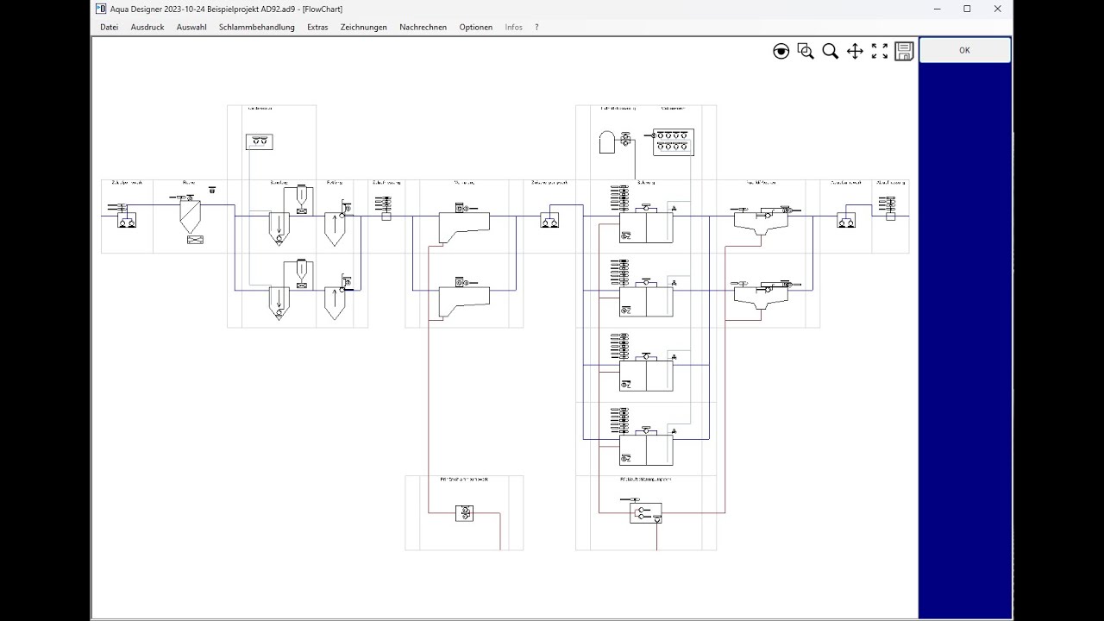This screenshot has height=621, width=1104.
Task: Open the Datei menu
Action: click(x=109, y=27)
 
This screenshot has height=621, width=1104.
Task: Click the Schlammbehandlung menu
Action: click(x=256, y=27)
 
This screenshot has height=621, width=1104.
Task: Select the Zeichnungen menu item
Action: click(x=363, y=27)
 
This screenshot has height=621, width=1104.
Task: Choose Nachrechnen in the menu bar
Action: click(x=423, y=27)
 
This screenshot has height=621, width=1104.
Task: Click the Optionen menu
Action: click(x=475, y=27)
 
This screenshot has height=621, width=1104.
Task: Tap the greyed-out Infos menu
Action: click(x=513, y=27)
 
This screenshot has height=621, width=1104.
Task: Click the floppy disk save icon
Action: click(x=904, y=52)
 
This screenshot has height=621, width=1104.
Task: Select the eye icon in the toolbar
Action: click(x=781, y=52)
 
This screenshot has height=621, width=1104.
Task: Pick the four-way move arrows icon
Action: click(x=855, y=52)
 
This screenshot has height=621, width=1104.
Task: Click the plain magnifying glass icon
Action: click(x=830, y=52)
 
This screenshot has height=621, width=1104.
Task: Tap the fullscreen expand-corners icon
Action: click(x=880, y=52)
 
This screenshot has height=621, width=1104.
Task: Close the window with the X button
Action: click(x=997, y=9)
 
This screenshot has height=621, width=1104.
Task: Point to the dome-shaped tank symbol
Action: click(x=607, y=142)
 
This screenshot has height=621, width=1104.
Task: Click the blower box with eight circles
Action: click(x=673, y=141)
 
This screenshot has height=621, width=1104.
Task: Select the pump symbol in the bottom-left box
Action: click(x=464, y=513)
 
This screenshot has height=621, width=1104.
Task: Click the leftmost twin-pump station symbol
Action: click(x=127, y=221)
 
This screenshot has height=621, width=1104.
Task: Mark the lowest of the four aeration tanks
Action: click(x=646, y=449)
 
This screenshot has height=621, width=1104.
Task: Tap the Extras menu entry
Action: click(x=317, y=27)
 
